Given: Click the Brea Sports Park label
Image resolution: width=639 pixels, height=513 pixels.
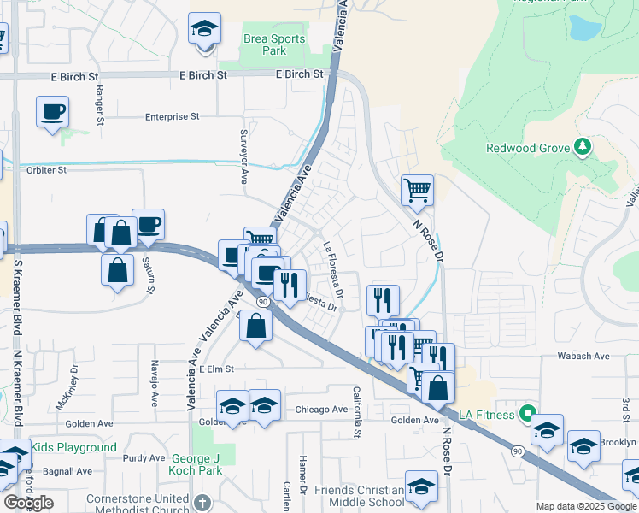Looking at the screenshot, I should click(x=262, y=44).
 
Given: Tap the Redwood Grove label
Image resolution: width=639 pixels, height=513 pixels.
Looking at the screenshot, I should click(x=527, y=148).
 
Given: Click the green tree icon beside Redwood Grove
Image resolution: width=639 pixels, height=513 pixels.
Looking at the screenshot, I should click(x=583, y=147).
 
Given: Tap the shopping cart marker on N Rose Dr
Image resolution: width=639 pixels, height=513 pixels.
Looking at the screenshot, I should click(x=417, y=190).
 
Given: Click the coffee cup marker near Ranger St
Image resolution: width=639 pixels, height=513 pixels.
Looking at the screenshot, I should click(x=52, y=112).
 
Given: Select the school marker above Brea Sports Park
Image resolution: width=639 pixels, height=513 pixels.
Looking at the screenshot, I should click(x=204, y=29).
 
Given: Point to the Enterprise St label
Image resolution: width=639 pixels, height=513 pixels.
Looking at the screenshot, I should click(x=172, y=116).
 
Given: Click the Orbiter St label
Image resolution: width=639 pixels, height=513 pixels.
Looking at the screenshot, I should click(x=47, y=170).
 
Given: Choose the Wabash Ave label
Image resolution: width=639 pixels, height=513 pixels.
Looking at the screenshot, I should click(x=583, y=356).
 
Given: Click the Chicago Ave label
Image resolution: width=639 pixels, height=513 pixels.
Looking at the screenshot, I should click(x=321, y=410).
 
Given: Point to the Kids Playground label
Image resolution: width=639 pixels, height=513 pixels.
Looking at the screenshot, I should click(x=73, y=447).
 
